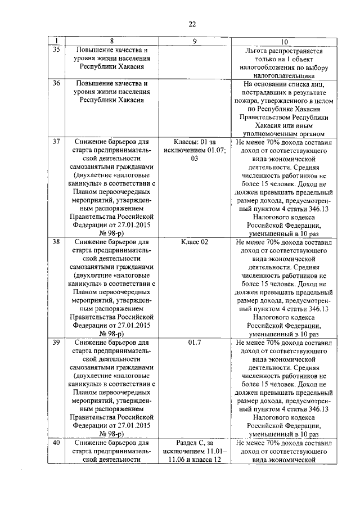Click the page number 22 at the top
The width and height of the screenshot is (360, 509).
point(192,24)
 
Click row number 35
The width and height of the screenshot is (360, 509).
point(56,50)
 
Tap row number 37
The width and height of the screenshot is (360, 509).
point(56,141)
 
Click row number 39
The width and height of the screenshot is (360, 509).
point(56,342)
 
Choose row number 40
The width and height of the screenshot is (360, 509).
point(56,443)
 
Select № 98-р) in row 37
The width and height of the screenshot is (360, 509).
point(111,233)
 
